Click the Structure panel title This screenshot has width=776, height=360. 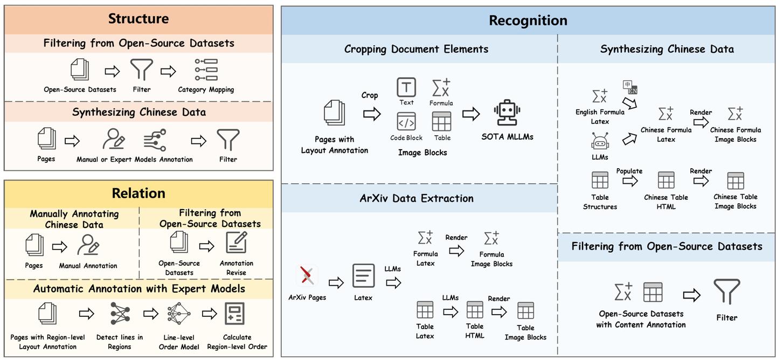(x=138, y=19)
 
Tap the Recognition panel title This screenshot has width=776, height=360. (x=528, y=20)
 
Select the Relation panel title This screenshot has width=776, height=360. (x=138, y=193)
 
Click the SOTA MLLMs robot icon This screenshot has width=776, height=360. (x=507, y=114)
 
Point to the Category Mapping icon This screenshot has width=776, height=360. (x=206, y=70)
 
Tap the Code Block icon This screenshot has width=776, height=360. (x=406, y=122)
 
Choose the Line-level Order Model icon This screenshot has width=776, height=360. (x=179, y=314)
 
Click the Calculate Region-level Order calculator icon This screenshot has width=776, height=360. (x=234, y=314)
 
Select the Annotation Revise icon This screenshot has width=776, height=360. (x=236, y=243)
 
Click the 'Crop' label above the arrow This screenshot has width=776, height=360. (x=370, y=95)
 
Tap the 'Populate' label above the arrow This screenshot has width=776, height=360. (x=629, y=171)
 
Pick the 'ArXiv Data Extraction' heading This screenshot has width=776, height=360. (x=417, y=198)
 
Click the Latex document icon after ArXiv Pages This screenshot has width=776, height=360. (x=364, y=276)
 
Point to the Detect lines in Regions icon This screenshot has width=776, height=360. (x=120, y=314)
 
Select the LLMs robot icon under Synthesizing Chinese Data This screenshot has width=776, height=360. (x=600, y=142)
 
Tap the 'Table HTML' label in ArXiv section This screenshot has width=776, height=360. (x=475, y=330)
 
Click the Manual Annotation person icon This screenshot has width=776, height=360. (x=88, y=245)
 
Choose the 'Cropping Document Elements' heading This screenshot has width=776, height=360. (x=416, y=49)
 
